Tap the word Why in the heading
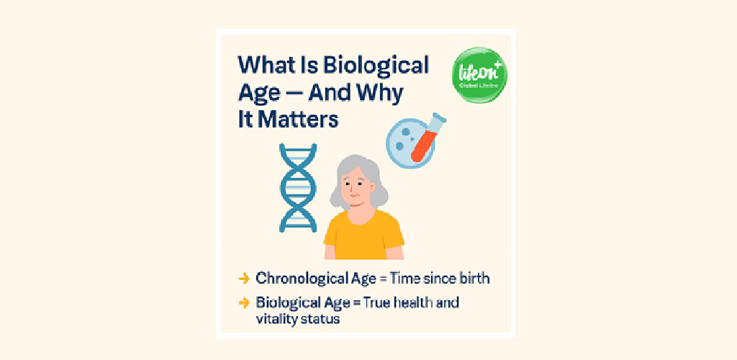381,93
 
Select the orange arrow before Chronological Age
244,278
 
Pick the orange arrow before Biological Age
244,302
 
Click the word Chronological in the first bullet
297,278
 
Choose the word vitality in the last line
274,319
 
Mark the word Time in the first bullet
406,278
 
